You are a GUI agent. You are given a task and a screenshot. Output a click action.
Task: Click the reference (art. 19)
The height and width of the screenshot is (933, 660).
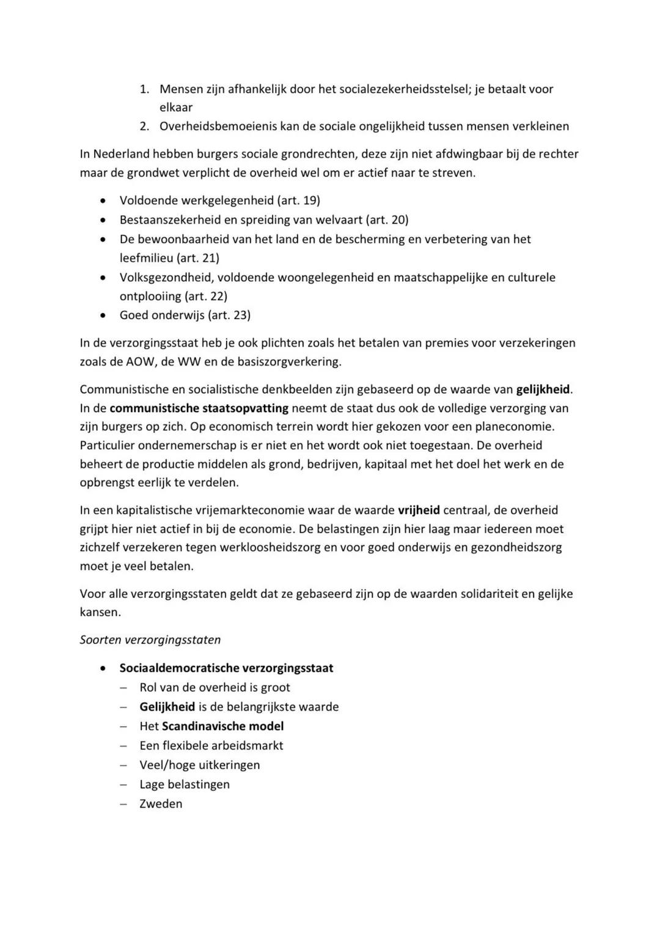click(x=298, y=201)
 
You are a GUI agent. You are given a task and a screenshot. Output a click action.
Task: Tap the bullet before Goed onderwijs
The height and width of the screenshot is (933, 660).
click(x=105, y=315)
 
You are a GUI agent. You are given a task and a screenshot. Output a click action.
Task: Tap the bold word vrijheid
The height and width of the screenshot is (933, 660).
click(x=419, y=510)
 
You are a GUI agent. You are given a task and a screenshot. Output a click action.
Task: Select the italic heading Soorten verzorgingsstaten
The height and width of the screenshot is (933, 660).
click(x=150, y=640)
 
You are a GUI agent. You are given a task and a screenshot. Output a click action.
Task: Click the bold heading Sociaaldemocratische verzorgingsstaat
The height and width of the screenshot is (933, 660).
click(x=226, y=668)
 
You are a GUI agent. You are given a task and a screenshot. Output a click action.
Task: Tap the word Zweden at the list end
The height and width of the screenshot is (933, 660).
click(x=161, y=804)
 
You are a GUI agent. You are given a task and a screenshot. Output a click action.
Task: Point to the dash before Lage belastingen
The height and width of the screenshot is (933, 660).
click(x=124, y=784)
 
